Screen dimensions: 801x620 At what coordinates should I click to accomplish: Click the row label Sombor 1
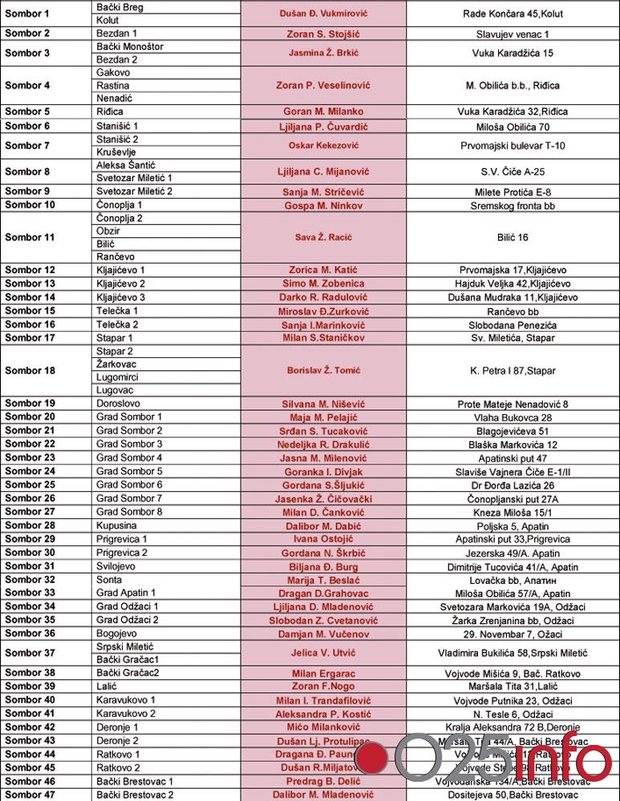click(27, 14)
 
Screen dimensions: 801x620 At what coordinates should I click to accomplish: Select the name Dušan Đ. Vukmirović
click(323, 14)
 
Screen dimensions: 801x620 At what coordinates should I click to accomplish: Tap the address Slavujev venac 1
click(513, 34)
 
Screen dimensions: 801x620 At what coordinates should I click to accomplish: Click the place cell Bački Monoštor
click(130, 46)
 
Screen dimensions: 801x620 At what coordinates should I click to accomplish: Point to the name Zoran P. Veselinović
click(323, 86)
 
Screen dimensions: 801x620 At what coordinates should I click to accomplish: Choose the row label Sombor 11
click(30, 237)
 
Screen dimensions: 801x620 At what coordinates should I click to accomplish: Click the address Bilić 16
click(513, 237)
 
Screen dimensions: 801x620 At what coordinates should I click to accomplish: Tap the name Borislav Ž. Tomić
click(323, 371)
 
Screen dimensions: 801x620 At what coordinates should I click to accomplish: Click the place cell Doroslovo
click(120, 404)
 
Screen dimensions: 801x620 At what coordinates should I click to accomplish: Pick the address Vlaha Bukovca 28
click(513, 417)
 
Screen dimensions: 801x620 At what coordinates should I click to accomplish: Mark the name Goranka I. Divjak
click(323, 472)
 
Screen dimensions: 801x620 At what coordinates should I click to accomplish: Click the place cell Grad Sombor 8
click(129, 512)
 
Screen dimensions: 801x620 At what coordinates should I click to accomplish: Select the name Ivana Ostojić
click(323, 539)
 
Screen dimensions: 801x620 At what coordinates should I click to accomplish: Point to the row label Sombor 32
click(30, 579)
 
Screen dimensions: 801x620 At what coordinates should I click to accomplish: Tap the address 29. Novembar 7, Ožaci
click(513, 634)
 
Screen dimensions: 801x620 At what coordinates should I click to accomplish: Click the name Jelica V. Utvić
click(323, 654)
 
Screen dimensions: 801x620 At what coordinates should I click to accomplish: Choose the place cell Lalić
click(107, 686)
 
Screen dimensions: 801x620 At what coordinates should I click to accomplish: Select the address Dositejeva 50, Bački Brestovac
click(513, 795)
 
